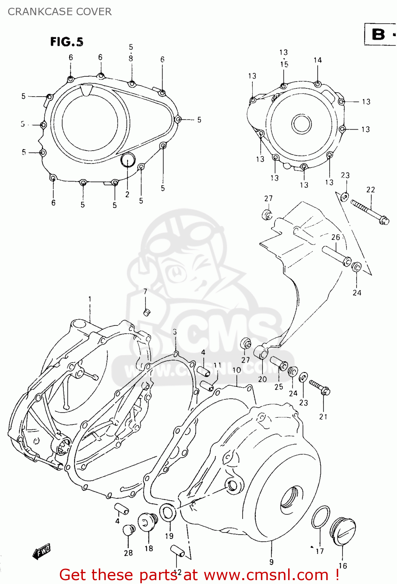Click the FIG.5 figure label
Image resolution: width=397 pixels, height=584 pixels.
pyautogui.click(x=66, y=42)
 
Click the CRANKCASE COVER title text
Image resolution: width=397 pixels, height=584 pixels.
pyautogui.click(x=59, y=12)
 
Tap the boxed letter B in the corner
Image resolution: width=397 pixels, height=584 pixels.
pyautogui.click(x=378, y=34)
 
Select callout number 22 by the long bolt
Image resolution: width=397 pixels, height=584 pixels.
pyautogui.click(x=371, y=190)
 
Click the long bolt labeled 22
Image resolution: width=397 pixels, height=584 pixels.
pyautogui.click(x=369, y=211)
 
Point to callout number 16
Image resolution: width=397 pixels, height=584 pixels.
pyautogui.click(x=343, y=566)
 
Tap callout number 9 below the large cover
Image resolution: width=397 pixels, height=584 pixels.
pyautogui.click(x=271, y=562)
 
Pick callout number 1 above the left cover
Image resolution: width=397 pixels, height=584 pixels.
pyautogui.click(x=90, y=299)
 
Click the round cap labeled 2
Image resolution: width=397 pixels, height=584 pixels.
pyautogui.click(x=128, y=160)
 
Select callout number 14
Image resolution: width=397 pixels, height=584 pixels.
pyautogui.click(x=318, y=60)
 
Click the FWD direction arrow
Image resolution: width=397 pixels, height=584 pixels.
pyautogui.click(x=42, y=552)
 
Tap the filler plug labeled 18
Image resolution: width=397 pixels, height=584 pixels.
pyautogui.click(x=148, y=521)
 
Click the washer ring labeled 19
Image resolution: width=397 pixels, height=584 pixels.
pyautogui.click(x=168, y=513)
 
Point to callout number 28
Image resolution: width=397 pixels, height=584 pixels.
pyautogui.click(x=128, y=552)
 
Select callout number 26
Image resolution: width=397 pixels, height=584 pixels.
pyautogui.click(x=336, y=237)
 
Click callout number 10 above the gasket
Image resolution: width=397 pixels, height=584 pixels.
pyautogui.click(x=236, y=370)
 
